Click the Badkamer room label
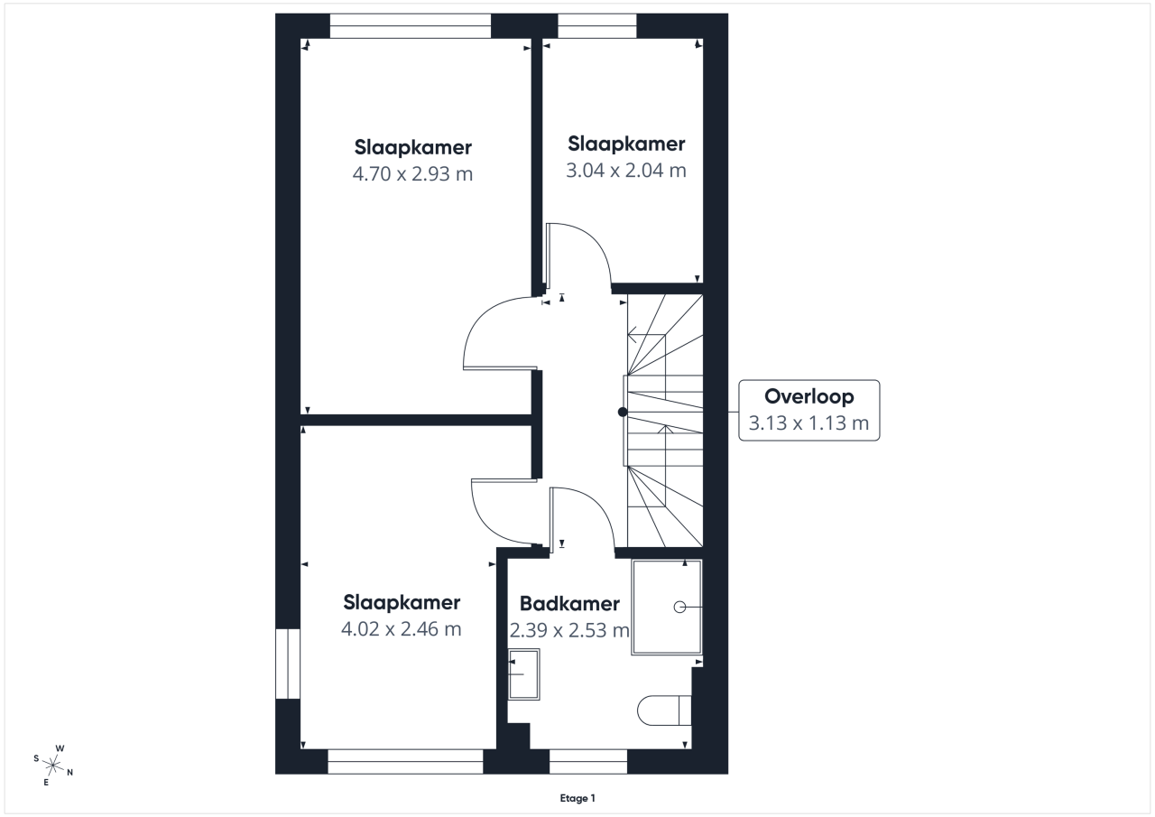coord(569,603)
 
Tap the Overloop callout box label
coord(809,396)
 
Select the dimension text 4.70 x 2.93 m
coord(412,174)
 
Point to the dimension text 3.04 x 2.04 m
coord(626,171)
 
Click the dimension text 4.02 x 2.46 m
coord(402,628)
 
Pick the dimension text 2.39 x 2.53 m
coord(569,630)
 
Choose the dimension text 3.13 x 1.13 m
coord(808,422)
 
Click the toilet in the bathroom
coord(664,710)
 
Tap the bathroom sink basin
coord(524,674)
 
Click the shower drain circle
coord(679,608)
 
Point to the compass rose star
coord(53,766)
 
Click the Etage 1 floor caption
coord(577,798)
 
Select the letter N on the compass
coord(70,772)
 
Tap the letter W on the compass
coord(60,747)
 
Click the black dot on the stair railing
coord(623,412)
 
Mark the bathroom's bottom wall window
coord(588,761)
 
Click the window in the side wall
coord(288,664)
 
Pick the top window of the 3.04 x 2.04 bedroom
coord(597,26)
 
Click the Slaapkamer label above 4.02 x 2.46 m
coord(402,602)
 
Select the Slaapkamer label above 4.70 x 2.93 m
coord(413,147)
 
